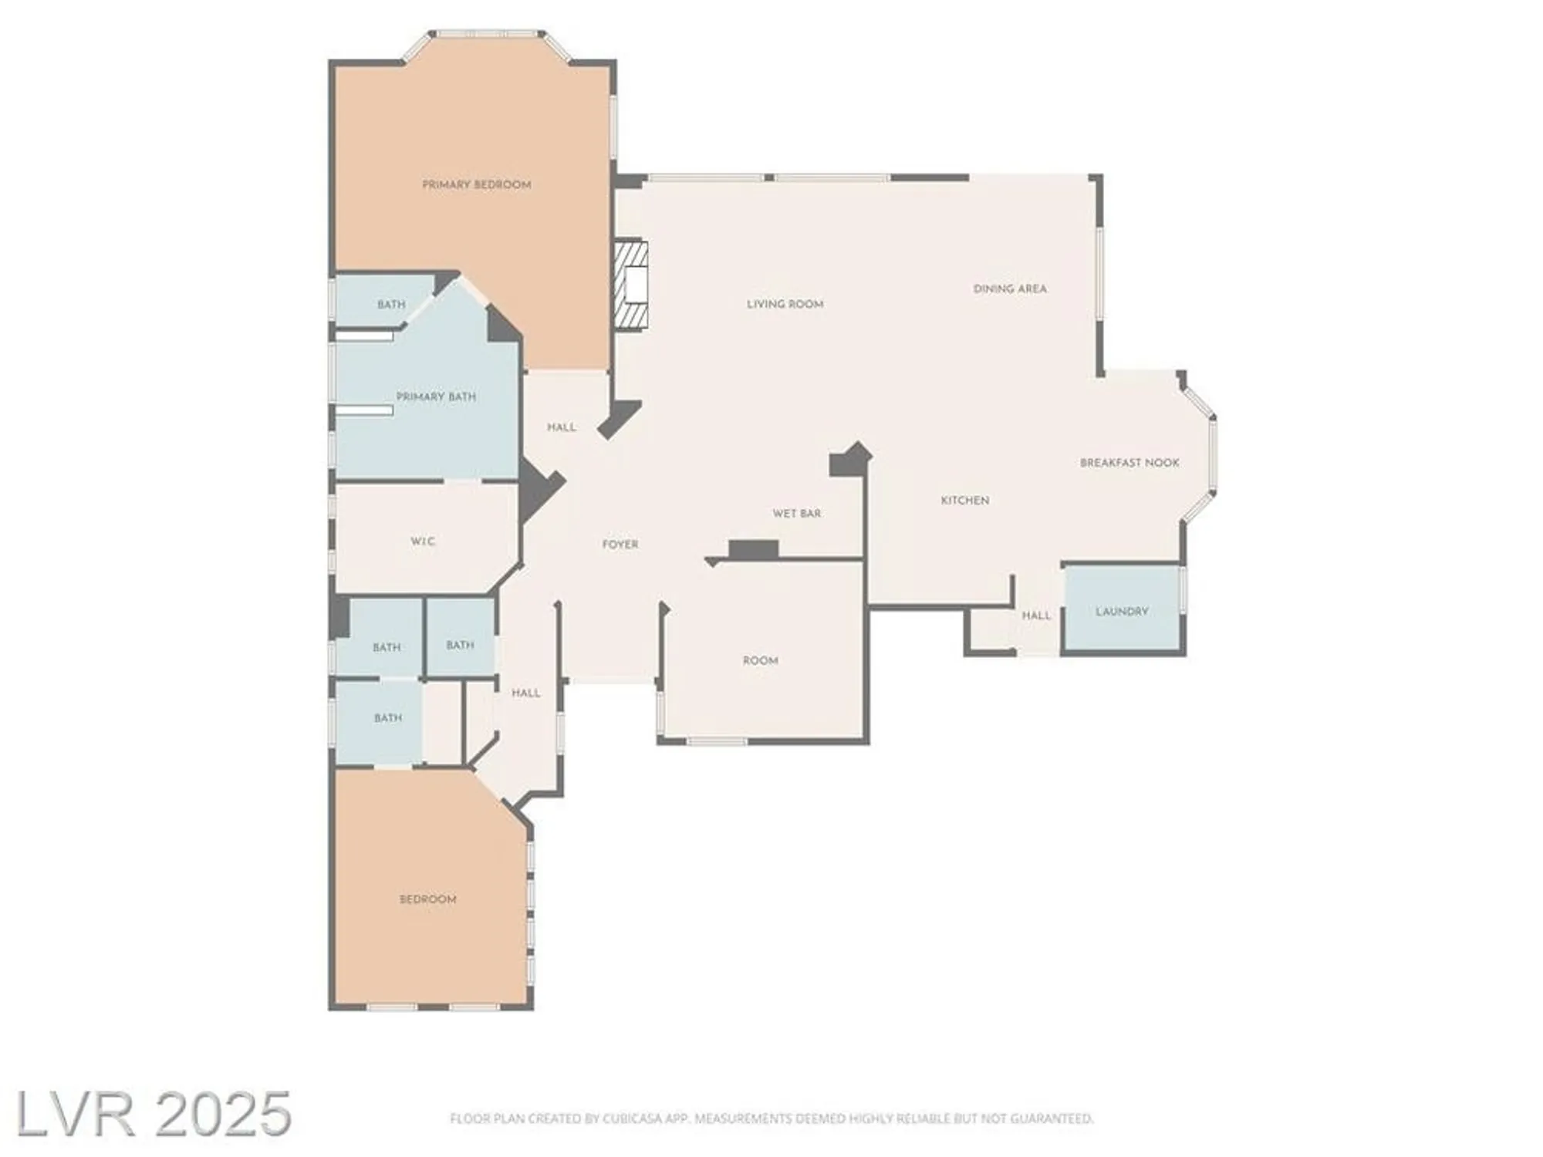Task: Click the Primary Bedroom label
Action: (476, 185)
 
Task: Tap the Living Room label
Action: (785, 305)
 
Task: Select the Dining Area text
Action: (1010, 289)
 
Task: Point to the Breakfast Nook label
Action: (1129, 463)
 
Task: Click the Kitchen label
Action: (964, 501)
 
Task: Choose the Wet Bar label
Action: (797, 514)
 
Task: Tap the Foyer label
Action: (620, 545)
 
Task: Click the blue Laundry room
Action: (1122, 611)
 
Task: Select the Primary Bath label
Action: (436, 396)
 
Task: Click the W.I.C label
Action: (423, 541)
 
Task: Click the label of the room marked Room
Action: (760, 661)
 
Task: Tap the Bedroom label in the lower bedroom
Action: (427, 899)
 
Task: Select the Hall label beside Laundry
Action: (1036, 616)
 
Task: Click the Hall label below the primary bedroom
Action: (561, 427)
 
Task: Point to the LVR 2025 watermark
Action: (154, 1114)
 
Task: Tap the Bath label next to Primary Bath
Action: (391, 305)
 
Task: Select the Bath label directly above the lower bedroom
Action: (387, 718)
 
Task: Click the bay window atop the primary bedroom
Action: (486, 35)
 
